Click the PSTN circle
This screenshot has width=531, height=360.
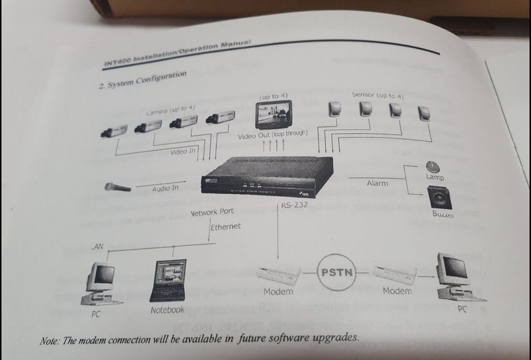(337, 272)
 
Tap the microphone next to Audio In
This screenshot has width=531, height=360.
(118, 187)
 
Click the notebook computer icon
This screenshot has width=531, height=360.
(168, 281)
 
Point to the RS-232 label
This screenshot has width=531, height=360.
(294, 206)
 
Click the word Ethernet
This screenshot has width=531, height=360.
(226, 226)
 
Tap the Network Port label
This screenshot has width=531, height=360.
(212, 212)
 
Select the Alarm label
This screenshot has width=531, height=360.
(377, 183)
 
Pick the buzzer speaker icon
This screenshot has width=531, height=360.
(439, 197)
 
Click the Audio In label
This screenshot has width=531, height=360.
(165, 188)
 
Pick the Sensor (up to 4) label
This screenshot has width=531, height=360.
(378, 95)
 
